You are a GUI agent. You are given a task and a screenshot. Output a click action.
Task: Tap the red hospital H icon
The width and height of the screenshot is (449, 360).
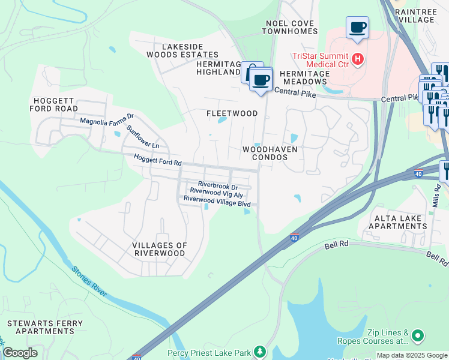358,59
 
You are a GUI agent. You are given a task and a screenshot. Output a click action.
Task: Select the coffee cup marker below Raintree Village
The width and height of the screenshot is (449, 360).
357,28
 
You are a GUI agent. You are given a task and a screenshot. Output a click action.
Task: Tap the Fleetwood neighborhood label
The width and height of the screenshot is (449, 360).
232,113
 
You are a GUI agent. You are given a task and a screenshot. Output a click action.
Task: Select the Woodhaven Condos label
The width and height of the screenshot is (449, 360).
265,152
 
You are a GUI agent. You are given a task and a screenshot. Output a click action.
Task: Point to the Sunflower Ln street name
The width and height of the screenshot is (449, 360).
143,137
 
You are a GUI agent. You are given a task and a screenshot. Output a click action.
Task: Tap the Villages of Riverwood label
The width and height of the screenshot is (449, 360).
159,249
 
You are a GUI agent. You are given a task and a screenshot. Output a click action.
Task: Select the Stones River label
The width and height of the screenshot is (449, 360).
89,281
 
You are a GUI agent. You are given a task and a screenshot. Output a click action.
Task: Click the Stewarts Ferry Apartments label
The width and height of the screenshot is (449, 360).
41,327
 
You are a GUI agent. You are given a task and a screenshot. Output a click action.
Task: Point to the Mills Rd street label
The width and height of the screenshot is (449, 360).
436,196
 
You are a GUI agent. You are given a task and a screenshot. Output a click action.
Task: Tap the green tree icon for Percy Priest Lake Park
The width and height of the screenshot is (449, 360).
259,351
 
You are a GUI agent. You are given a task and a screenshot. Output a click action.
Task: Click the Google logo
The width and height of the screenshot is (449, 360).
20,353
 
